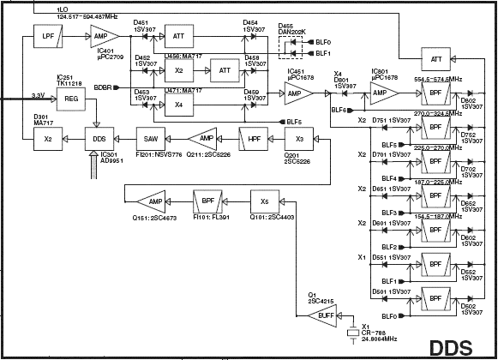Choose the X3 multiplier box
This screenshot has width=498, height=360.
pos(298,139)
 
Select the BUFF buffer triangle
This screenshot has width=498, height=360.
pos(323,316)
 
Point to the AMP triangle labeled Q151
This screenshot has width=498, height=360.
pos(153,201)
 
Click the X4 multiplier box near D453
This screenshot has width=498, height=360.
pos(177,105)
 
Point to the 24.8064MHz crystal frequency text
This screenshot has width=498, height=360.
pos(379,340)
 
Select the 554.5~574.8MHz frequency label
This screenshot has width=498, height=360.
pos(443,77)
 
